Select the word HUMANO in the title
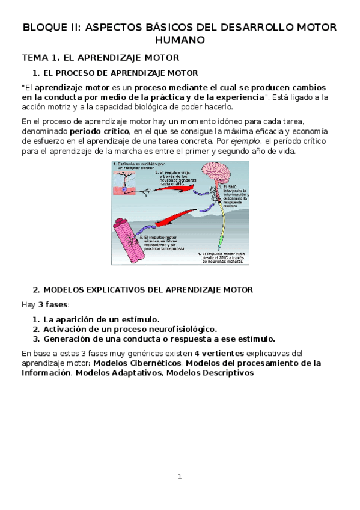click(x=180, y=40)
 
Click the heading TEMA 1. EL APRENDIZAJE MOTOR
click(x=100, y=58)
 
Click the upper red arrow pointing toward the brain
click(x=170, y=188)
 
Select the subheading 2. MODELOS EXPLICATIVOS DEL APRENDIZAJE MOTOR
click(x=143, y=289)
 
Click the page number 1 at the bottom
click(x=179, y=477)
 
